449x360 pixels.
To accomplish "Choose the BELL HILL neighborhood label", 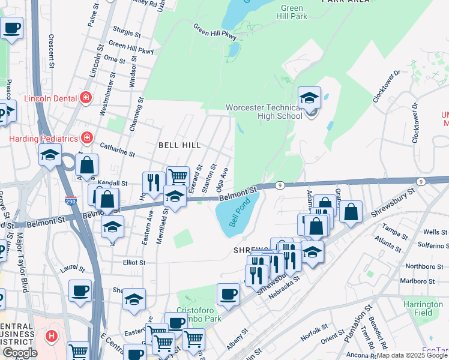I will click(179, 145).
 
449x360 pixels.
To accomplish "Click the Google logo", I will click(20, 353).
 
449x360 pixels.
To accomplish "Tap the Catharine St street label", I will click(117, 149).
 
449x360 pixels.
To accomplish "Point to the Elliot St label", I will click(134, 262).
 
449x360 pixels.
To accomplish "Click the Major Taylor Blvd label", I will click(25, 261).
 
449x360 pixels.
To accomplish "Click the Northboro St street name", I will click(420, 266).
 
